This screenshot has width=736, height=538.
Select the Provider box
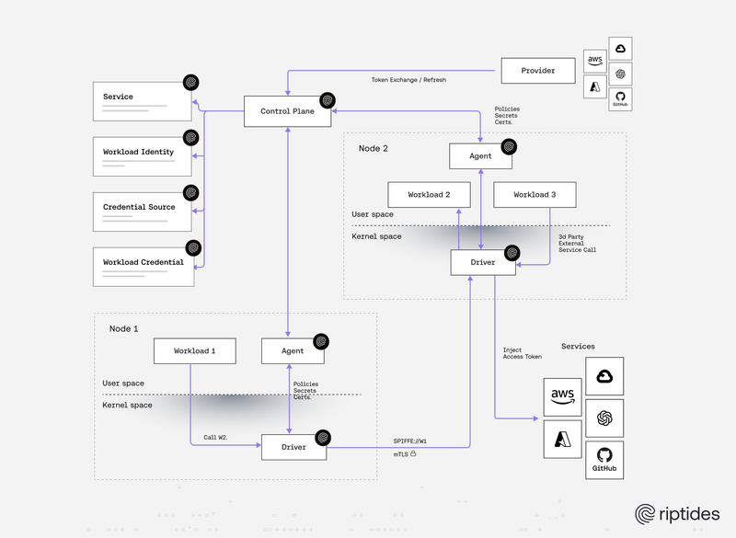pos(538,70)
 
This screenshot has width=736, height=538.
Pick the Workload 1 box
pos(194,350)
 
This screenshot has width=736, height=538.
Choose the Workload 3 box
pos(535,195)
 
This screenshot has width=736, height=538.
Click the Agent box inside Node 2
pos(480,156)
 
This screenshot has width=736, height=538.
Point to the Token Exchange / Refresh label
pos(408,81)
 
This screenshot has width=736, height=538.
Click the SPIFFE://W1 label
pos(410,441)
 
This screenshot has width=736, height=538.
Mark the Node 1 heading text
pos(123,328)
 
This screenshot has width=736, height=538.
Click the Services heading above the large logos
pos(578,347)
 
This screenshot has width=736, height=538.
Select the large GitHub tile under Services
pos(604,459)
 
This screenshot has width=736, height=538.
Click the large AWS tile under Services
pos(562,397)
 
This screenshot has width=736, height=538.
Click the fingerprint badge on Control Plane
pos(327,98)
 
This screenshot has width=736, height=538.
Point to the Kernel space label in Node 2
pos(376,236)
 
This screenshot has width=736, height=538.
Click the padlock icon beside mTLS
pos(414,454)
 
